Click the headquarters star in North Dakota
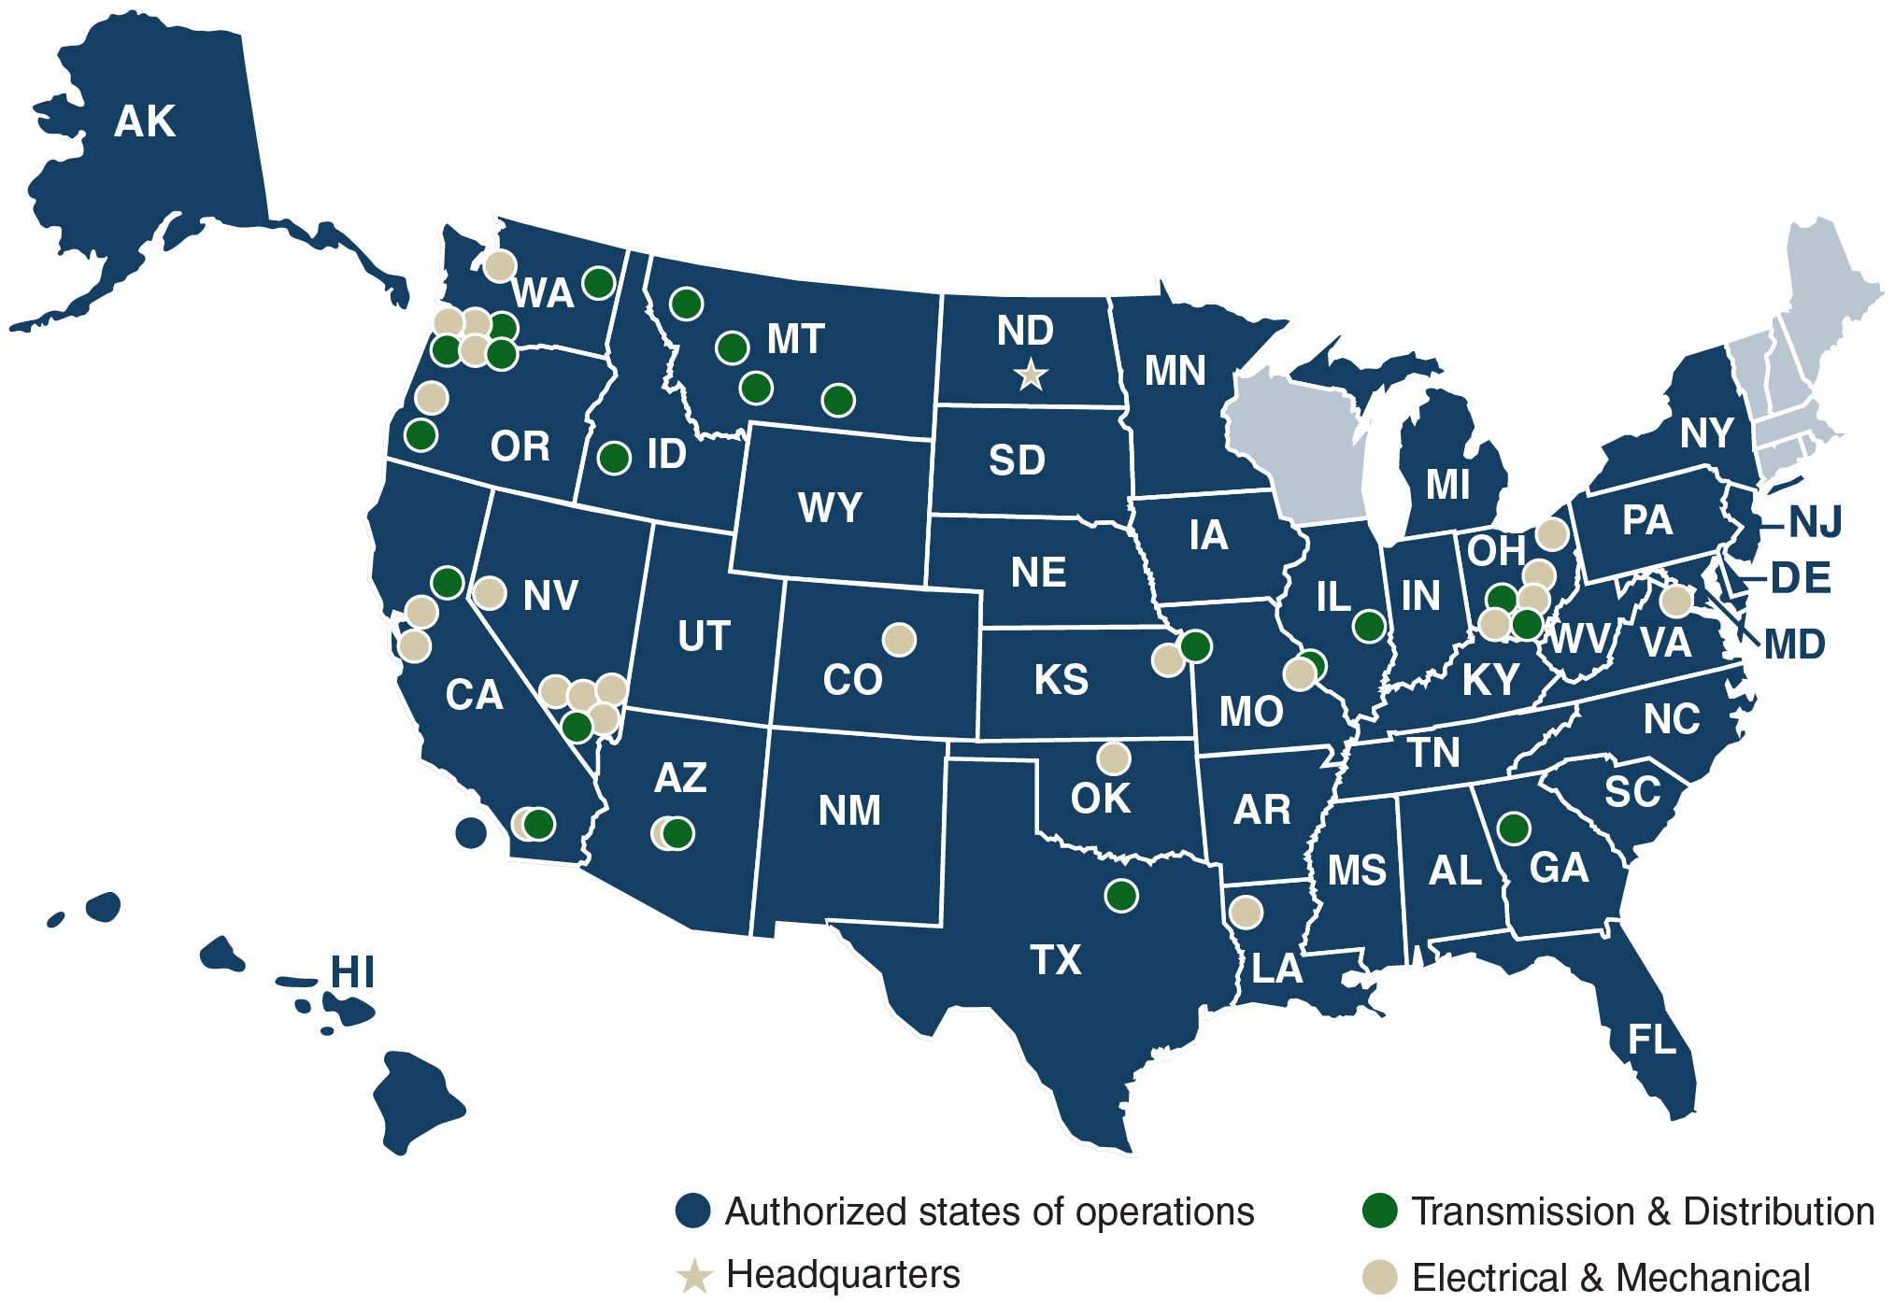(1030, 375)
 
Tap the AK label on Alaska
(145, 121)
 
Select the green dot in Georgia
(1513, 828)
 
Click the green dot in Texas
(1120, 896)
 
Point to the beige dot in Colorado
(899, 640)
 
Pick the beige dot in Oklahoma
(1113, 758)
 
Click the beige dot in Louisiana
(1245, 912)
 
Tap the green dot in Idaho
(614, 458)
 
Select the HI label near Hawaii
(352, 972)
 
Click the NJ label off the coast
(1815, 521)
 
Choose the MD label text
(1794, 644)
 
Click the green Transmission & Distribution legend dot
(1380, 1211)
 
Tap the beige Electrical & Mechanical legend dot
(1380, 1277)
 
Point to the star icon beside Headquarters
(694, 1276)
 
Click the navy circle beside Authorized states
(693, 1211)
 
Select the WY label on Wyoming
(830, 508)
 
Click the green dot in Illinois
(1369, 626)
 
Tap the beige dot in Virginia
(1675, 601)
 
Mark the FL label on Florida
(1652, 1040)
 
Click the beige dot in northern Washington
(500, 265)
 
